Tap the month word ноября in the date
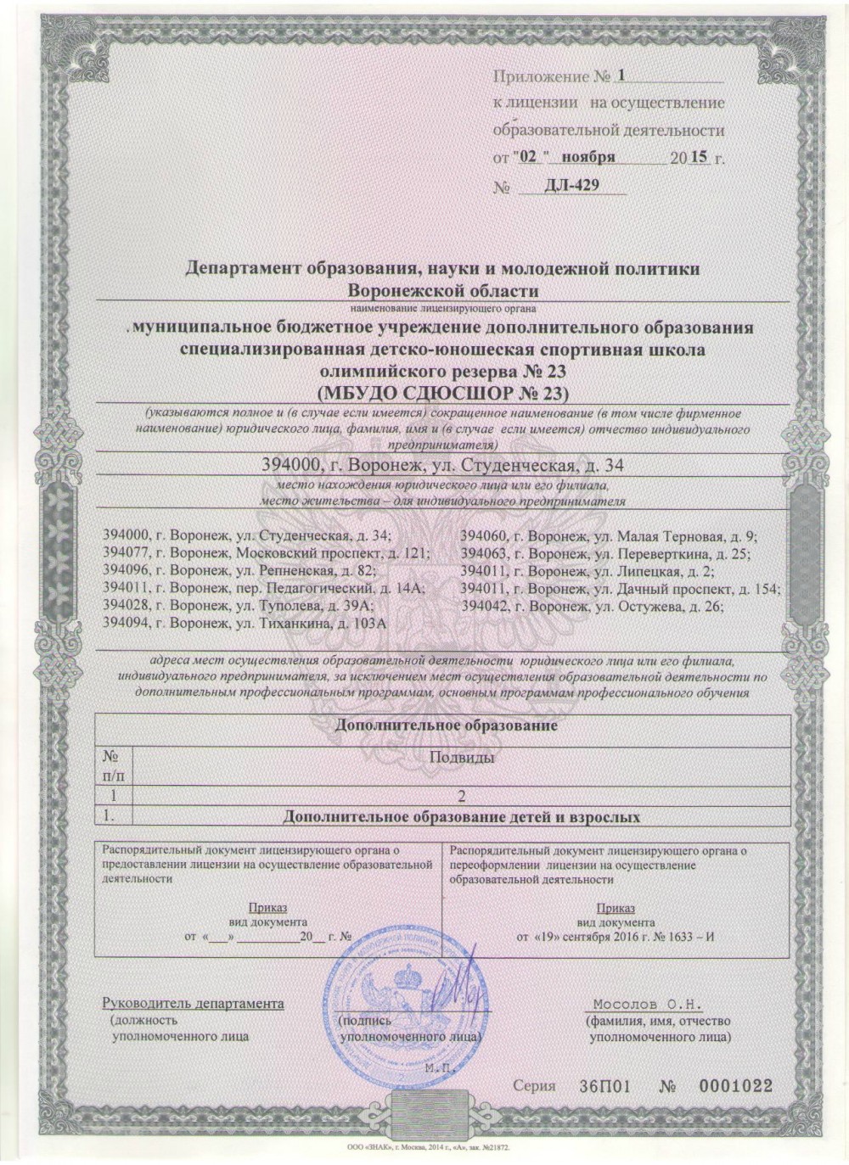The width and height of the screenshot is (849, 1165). (585, 158)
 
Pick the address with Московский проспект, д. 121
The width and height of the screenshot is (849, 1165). (266, 552)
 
